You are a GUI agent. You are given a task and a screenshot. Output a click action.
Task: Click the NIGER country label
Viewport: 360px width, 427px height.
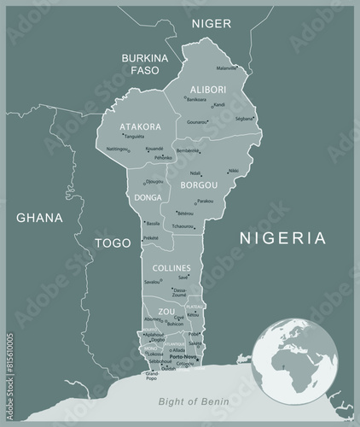[211, 23]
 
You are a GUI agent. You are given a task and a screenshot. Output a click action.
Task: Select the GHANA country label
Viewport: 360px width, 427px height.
[40, 218]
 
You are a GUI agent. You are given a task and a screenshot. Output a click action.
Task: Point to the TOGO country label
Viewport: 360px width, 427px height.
[113, 243]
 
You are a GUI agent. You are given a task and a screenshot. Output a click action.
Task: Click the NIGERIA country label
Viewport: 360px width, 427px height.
[282, 237]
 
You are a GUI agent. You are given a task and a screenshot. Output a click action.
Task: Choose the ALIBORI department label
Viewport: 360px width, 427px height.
[207, 88]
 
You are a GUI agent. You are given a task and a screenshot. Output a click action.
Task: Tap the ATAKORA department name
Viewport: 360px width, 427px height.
[140, 127]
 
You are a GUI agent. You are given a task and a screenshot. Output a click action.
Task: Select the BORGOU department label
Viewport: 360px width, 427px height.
[199, 184]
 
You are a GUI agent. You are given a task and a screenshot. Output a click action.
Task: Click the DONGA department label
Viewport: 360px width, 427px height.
[148, 197]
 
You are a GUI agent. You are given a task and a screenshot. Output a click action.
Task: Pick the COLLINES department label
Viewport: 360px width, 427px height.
[171, 268]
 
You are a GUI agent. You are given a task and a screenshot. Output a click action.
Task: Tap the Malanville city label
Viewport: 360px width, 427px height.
[227, 67]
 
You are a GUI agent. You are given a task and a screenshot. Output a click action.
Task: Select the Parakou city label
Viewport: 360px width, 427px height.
[206, 202]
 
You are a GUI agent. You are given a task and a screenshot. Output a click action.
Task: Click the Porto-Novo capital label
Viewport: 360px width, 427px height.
[183, 357]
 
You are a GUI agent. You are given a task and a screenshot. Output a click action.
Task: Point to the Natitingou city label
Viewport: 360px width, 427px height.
[117, 149]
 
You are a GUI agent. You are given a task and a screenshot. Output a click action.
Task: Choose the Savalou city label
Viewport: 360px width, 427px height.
[153, 281]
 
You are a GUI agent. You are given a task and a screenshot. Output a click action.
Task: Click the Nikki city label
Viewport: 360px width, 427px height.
[234, 171]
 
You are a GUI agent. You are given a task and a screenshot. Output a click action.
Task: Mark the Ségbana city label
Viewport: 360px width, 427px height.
[244, 118]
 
